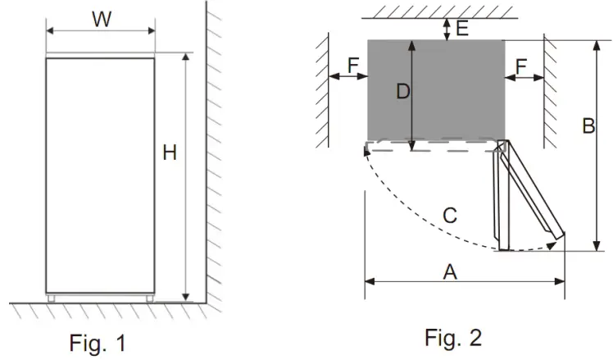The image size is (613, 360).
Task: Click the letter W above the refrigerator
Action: tap(102, 20)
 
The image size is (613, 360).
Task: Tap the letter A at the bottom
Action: tap(450, 271)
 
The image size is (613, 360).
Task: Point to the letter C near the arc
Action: tap(450, 216)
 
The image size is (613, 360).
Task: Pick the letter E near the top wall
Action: tap(461, 29)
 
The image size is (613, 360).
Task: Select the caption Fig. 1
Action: tap(98, 342)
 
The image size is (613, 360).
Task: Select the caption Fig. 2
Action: tap(453, 337)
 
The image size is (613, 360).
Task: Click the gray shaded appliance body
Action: tap(459, 90)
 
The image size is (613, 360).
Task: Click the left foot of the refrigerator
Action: tap(52, 298)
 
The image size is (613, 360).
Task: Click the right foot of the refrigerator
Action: tap(149, 298)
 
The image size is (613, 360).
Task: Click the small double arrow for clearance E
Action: tap(445, 30)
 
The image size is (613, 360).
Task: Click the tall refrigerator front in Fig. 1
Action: tap(100, 176)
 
